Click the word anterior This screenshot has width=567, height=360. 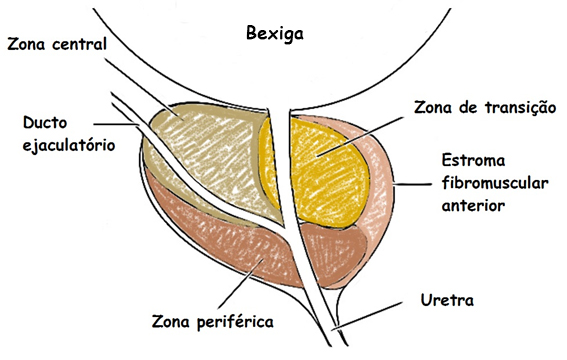[x=473, y=205]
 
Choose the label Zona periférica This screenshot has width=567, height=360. [x=212, y=322]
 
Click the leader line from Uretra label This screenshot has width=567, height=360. [x=390, y=310]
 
